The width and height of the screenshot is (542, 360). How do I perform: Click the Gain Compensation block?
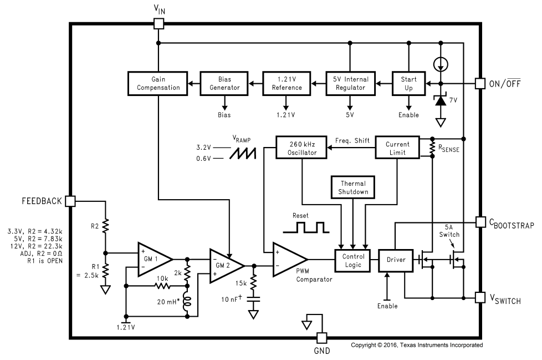(157, 83)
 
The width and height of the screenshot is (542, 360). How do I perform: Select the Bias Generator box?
(224, 83)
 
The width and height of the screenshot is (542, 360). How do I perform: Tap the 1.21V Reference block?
(287, 83)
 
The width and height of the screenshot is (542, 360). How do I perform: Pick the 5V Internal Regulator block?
(350, 83)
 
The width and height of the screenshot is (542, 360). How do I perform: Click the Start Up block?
(408, 83)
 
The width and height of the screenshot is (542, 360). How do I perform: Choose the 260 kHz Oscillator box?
(301, 148)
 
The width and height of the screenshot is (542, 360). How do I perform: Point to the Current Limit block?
(397, 148)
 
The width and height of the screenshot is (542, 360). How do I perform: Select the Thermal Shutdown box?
(353, 187)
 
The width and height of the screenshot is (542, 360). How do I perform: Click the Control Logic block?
(353, 260)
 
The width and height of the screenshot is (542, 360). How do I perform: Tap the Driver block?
(396, 260)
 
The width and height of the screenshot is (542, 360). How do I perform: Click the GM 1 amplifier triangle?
(155, 260)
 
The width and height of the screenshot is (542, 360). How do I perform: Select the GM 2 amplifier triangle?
(227, 266)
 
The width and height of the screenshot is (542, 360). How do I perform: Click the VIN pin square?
(158, 24)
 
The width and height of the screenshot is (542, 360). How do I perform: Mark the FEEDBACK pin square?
(70, 201)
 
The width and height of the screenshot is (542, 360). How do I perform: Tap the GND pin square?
(322, 338)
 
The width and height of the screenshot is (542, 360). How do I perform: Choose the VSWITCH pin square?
(480, 297)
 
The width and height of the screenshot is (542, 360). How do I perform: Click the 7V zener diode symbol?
(441, 100)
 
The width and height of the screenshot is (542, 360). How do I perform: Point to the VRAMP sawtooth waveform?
(243, 153)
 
